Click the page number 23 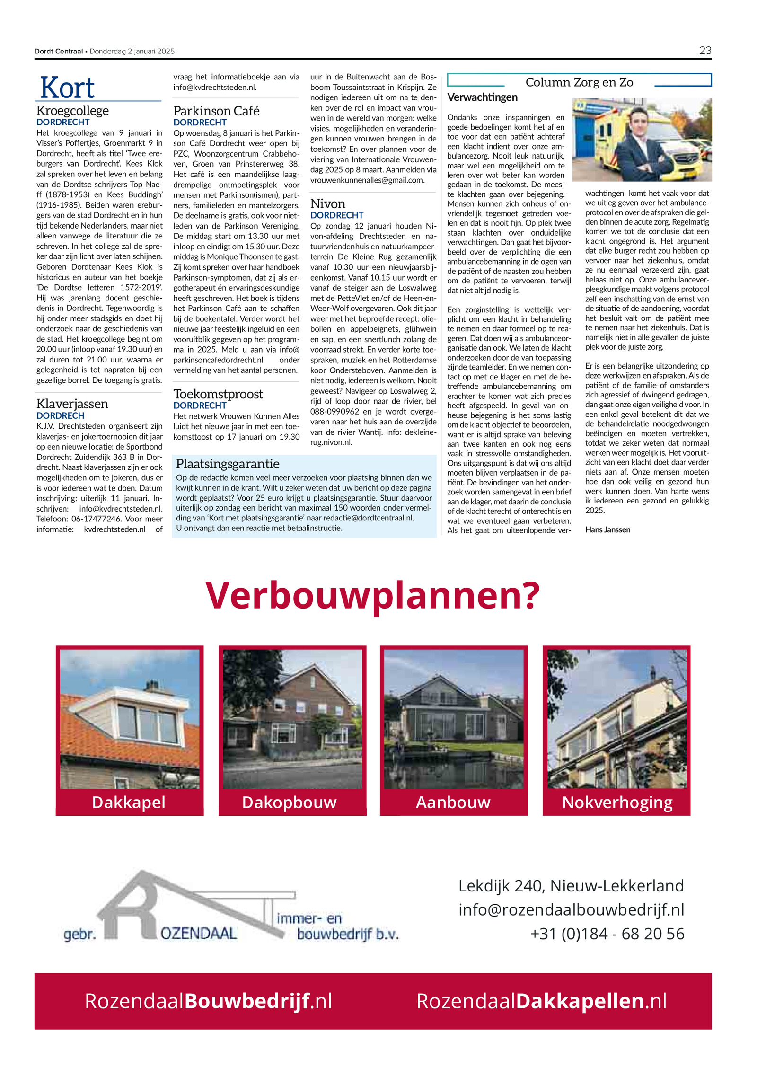[705, 51]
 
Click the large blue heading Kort [67, 88]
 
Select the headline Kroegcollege [72, 111]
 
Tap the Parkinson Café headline [216, 111]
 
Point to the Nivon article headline [327, 204]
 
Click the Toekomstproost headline [218, 394]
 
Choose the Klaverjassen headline [72, 404]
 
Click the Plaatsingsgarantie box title [228, 464]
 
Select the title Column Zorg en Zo [579, 82]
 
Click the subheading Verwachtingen [482, 97]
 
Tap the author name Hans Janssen [607, 529]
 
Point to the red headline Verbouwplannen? [372, 595]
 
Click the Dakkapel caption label [129, 802]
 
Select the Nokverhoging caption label [617, 802]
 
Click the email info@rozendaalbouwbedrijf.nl [571, 909]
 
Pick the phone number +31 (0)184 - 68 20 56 [607, 934]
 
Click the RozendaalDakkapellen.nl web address [541, 1001]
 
